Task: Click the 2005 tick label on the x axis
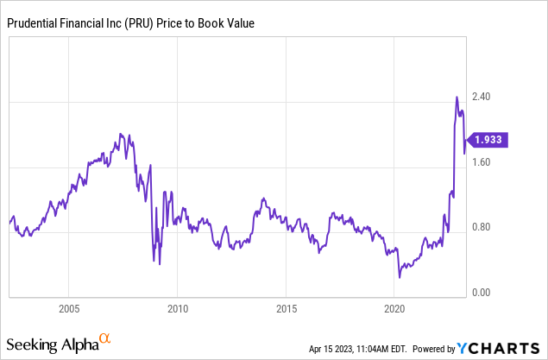[x=69, y=308]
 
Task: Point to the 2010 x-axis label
[x=178, y=308]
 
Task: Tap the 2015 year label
[x=287, y=308]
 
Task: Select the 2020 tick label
[x=394, y=308]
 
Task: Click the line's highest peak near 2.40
[x=457, y=97]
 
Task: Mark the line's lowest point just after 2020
[x=400, y=277]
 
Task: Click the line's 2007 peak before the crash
[x=121, y=134]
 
